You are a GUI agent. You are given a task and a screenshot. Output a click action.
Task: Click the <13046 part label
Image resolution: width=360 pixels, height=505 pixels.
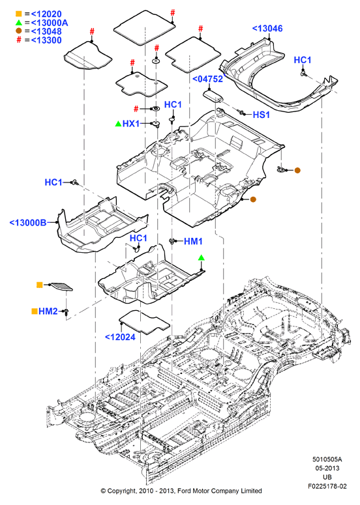click(x=267, y=29)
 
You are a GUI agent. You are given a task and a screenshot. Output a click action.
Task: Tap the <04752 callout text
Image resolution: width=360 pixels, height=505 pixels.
click(x=207, y=79)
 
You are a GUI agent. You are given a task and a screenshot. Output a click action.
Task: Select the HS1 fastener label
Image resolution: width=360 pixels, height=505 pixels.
click(x=261, y=115)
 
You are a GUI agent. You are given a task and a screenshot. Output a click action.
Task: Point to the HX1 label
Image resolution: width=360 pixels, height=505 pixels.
click(x=131, y=124)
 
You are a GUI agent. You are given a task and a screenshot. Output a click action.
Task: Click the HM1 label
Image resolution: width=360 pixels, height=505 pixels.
click(x=193, y=241)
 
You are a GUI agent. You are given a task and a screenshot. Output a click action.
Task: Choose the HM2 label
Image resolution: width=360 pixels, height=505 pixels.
click(x=48, y=311)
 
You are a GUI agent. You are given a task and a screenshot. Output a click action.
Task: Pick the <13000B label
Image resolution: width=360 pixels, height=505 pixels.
click(x=28, y=223)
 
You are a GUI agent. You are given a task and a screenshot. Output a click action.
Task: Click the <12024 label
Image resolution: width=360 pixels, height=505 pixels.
click(x=120, y=337)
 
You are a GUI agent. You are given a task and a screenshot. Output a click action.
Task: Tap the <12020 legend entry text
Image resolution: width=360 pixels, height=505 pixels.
click(x=46, y=14)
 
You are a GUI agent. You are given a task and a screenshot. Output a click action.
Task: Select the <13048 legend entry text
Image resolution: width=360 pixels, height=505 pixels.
click(x=46, y=31)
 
